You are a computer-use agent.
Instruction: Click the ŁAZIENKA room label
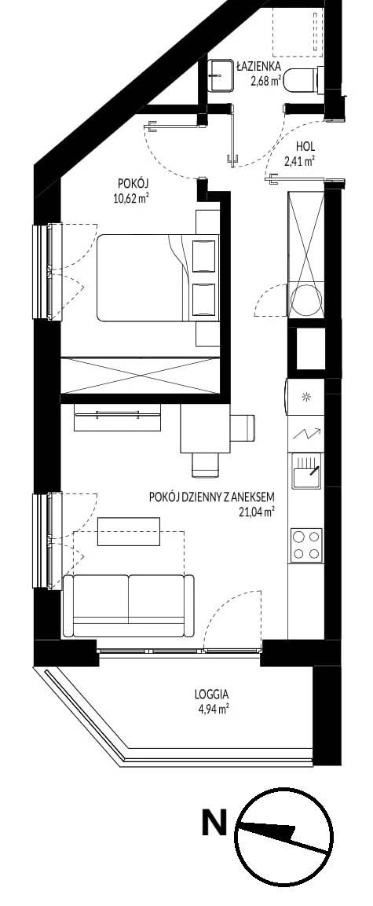(258, 67)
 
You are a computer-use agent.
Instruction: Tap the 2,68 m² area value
(265, 81)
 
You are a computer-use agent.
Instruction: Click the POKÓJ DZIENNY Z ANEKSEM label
(210, 497)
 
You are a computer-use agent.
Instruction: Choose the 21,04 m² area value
(256, 511)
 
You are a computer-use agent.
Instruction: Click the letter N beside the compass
(214, 823)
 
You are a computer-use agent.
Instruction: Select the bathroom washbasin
(221, 75)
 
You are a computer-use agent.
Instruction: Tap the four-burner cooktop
(306, 545)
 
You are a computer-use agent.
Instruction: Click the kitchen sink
(306, 471)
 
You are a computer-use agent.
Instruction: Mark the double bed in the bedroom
(158, 277)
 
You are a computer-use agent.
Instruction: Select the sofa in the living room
(128, 606)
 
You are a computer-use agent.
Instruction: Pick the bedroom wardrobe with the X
(141, 376)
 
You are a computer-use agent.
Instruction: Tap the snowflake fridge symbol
(306, 396)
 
